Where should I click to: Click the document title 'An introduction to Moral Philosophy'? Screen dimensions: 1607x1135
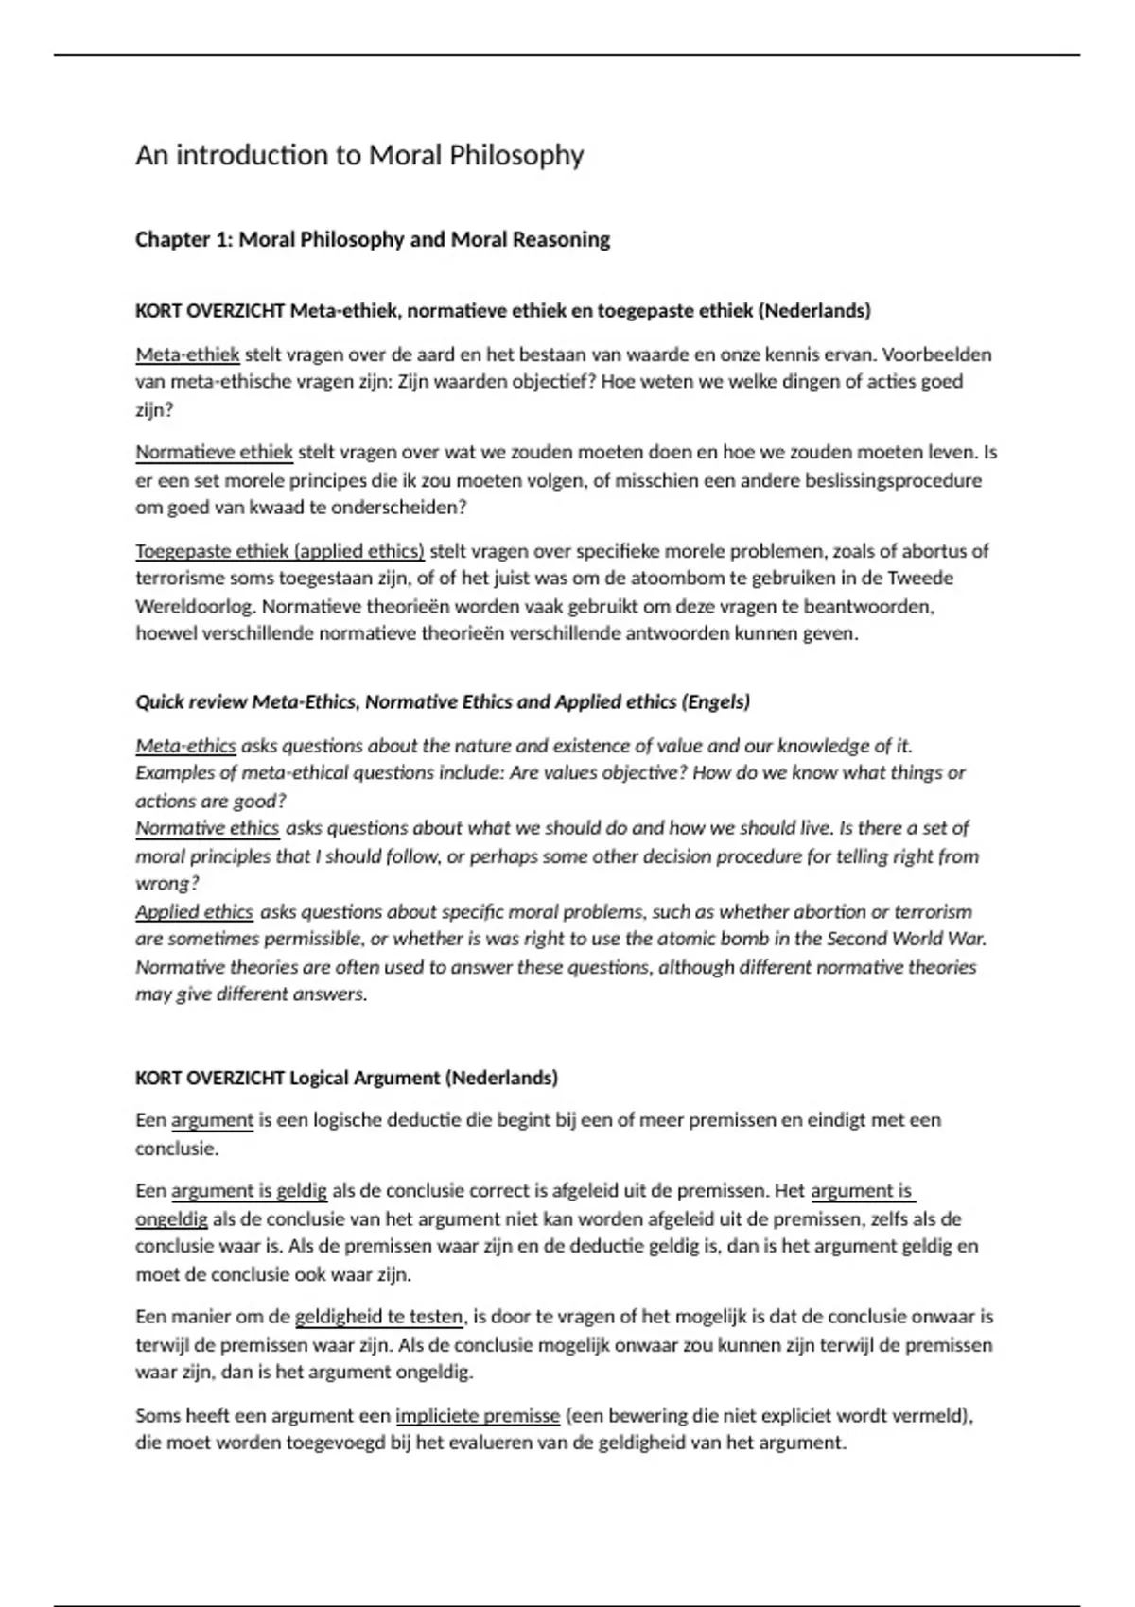(359, 155)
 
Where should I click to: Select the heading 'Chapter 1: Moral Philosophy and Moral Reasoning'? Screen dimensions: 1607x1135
(373, 240)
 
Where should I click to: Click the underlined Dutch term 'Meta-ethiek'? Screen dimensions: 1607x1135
(187, 355)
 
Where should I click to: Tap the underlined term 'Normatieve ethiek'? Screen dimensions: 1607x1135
(214, 453)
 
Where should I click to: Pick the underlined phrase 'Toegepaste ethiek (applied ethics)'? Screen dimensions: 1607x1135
(280, 551)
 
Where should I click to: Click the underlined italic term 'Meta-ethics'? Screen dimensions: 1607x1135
(185, 746)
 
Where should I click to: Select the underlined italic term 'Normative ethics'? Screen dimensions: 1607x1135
(207, 829)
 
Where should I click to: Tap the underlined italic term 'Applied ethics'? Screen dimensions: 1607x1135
(194, 912)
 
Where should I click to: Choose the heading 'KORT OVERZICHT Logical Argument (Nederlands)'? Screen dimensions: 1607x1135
(346, 1079)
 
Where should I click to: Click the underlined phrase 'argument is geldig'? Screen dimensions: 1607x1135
(249, 1191)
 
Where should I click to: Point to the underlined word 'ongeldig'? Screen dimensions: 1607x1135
(171, 1219)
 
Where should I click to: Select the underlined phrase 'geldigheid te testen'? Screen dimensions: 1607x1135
(378, 1317)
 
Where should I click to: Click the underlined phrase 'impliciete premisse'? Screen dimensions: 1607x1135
(478, 1416)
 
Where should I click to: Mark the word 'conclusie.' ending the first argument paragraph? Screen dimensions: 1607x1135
(177, 1149)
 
